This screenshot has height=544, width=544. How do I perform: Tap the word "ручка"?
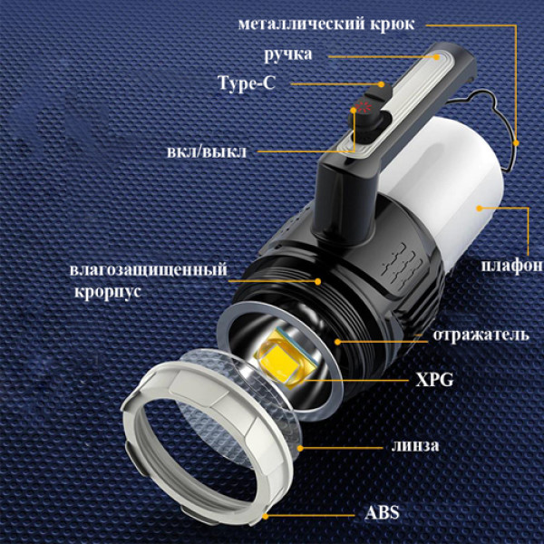[288, 54]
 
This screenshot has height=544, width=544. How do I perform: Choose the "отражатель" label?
[481, 335]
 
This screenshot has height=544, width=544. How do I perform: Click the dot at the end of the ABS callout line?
[266, 513]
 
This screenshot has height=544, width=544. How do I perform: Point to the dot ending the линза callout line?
[299, 446]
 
